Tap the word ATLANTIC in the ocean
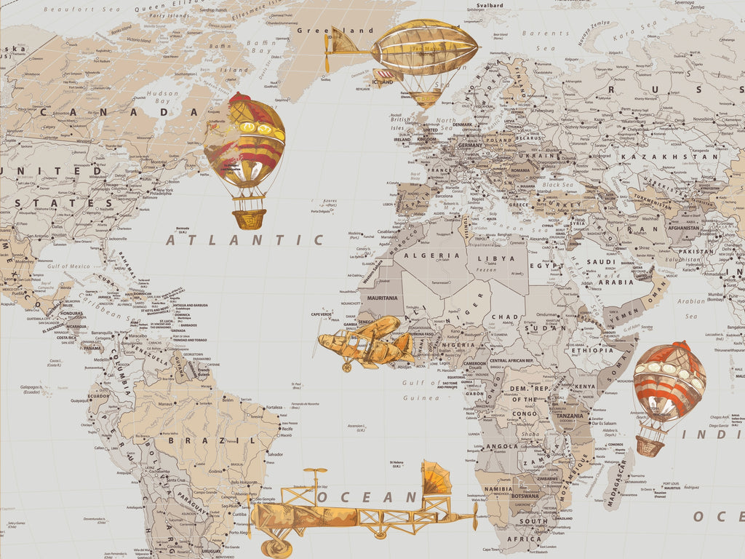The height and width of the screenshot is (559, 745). click(244, 239)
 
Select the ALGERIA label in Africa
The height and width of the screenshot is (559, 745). click(432, 255)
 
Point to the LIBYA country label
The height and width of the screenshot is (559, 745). click(496, 258)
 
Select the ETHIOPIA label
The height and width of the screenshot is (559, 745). click(592, 350)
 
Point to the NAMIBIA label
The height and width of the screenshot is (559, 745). click(498, 489)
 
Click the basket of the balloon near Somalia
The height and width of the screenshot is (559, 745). click(650, 445)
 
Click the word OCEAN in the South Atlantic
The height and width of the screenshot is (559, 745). click(367, 498)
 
